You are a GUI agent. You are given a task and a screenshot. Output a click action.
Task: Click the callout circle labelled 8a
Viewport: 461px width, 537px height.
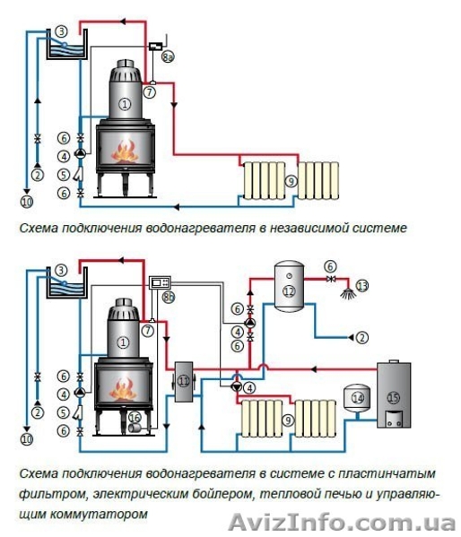(167, 56)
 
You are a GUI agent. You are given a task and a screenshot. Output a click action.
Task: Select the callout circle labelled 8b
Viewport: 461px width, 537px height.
(168, 297)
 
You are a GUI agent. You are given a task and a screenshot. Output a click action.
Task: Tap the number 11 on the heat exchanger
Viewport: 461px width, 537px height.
(184, 381)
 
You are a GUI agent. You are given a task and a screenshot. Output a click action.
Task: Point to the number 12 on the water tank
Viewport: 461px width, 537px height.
(289, 291)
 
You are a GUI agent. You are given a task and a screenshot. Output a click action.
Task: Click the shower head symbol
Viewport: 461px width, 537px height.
(348, 293)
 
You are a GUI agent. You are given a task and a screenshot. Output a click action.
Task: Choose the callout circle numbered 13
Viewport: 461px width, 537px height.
(362, 285)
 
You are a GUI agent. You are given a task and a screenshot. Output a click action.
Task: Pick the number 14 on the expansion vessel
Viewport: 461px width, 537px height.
(358, 398)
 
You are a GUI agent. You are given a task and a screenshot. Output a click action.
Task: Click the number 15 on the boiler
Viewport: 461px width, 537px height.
(393, 398)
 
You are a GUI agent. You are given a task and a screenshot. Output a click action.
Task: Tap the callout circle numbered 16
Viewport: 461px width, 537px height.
(135, 417)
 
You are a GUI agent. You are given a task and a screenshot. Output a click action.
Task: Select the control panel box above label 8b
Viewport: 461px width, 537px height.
(160, 282)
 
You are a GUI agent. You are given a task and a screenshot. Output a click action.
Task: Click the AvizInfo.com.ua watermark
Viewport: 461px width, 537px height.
(342, 523)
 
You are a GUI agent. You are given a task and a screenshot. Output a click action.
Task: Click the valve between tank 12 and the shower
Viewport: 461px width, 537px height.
(331, 279)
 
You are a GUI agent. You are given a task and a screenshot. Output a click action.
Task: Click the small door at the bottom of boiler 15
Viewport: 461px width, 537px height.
(394, 419)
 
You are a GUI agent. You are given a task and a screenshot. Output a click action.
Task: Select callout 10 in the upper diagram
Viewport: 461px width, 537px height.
(27, 201)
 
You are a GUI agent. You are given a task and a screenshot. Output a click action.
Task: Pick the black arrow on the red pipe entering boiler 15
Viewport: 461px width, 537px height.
(314, 369)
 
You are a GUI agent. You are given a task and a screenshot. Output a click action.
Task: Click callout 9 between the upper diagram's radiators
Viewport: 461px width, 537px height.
(291, 180)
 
